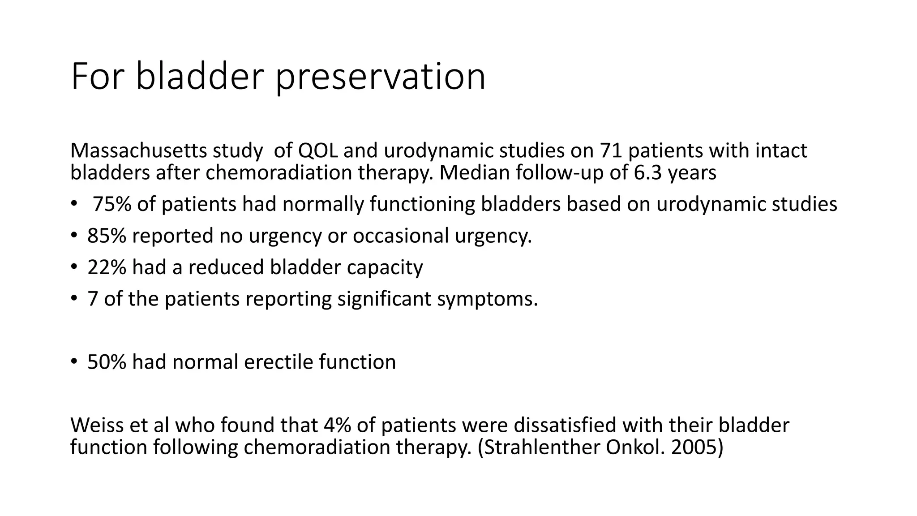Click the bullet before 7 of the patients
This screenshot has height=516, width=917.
pos(74,299)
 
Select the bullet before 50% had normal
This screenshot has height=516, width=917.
pos(74,362)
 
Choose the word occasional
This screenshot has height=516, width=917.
pos(401,236)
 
